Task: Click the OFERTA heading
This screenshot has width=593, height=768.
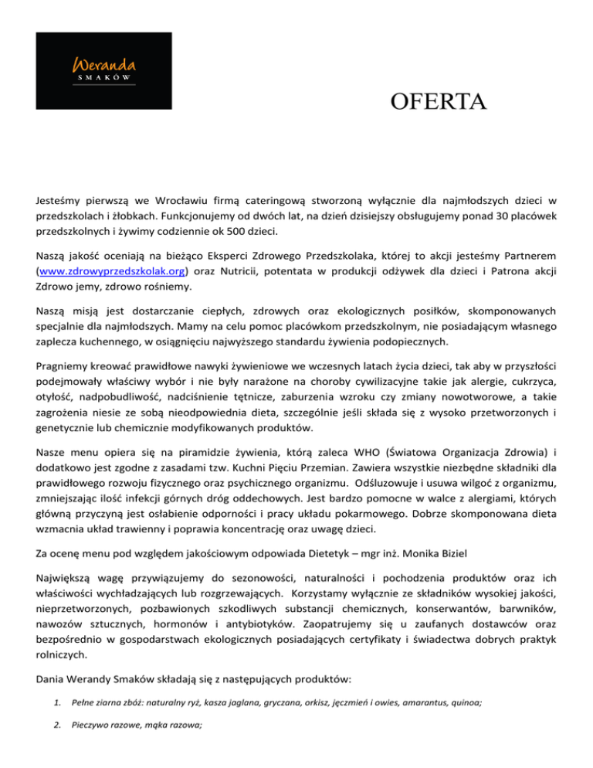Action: pos(439,102)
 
